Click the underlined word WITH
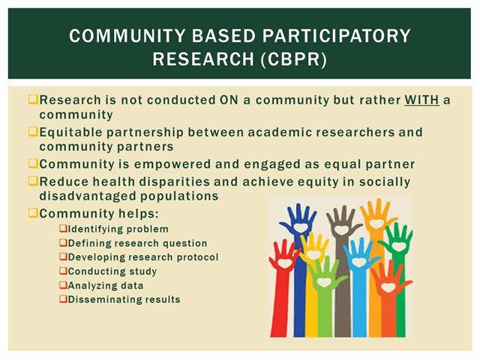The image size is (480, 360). pyautogui.click(x=421, y=100)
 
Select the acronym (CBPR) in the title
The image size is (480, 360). pyautogui.click(x=293, y=59)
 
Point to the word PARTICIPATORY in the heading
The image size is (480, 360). pyautogui.click(x=336, y=35)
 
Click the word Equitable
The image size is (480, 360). pyautogui.click(x=70, y=132)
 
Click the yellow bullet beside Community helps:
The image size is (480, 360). pyautogui.click(x=32, y=211)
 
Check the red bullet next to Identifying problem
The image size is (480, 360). pyautogui.click(x=63, y=228)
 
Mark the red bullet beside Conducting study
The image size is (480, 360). pyautogui.click(x=63, y=270)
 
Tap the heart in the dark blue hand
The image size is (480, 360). pyautogui.click(x=300, y=227)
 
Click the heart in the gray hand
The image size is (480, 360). pyautogui.click(x=342, y=229)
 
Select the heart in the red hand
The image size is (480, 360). pyautogui.click(x=284, y=263)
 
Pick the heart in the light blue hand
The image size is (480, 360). pyautogui.click(x=358, y=262)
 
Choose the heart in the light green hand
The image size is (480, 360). pyautogui.click(x=324, y=282)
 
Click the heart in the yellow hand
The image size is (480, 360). pyautogui.click(x=313, y=254)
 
